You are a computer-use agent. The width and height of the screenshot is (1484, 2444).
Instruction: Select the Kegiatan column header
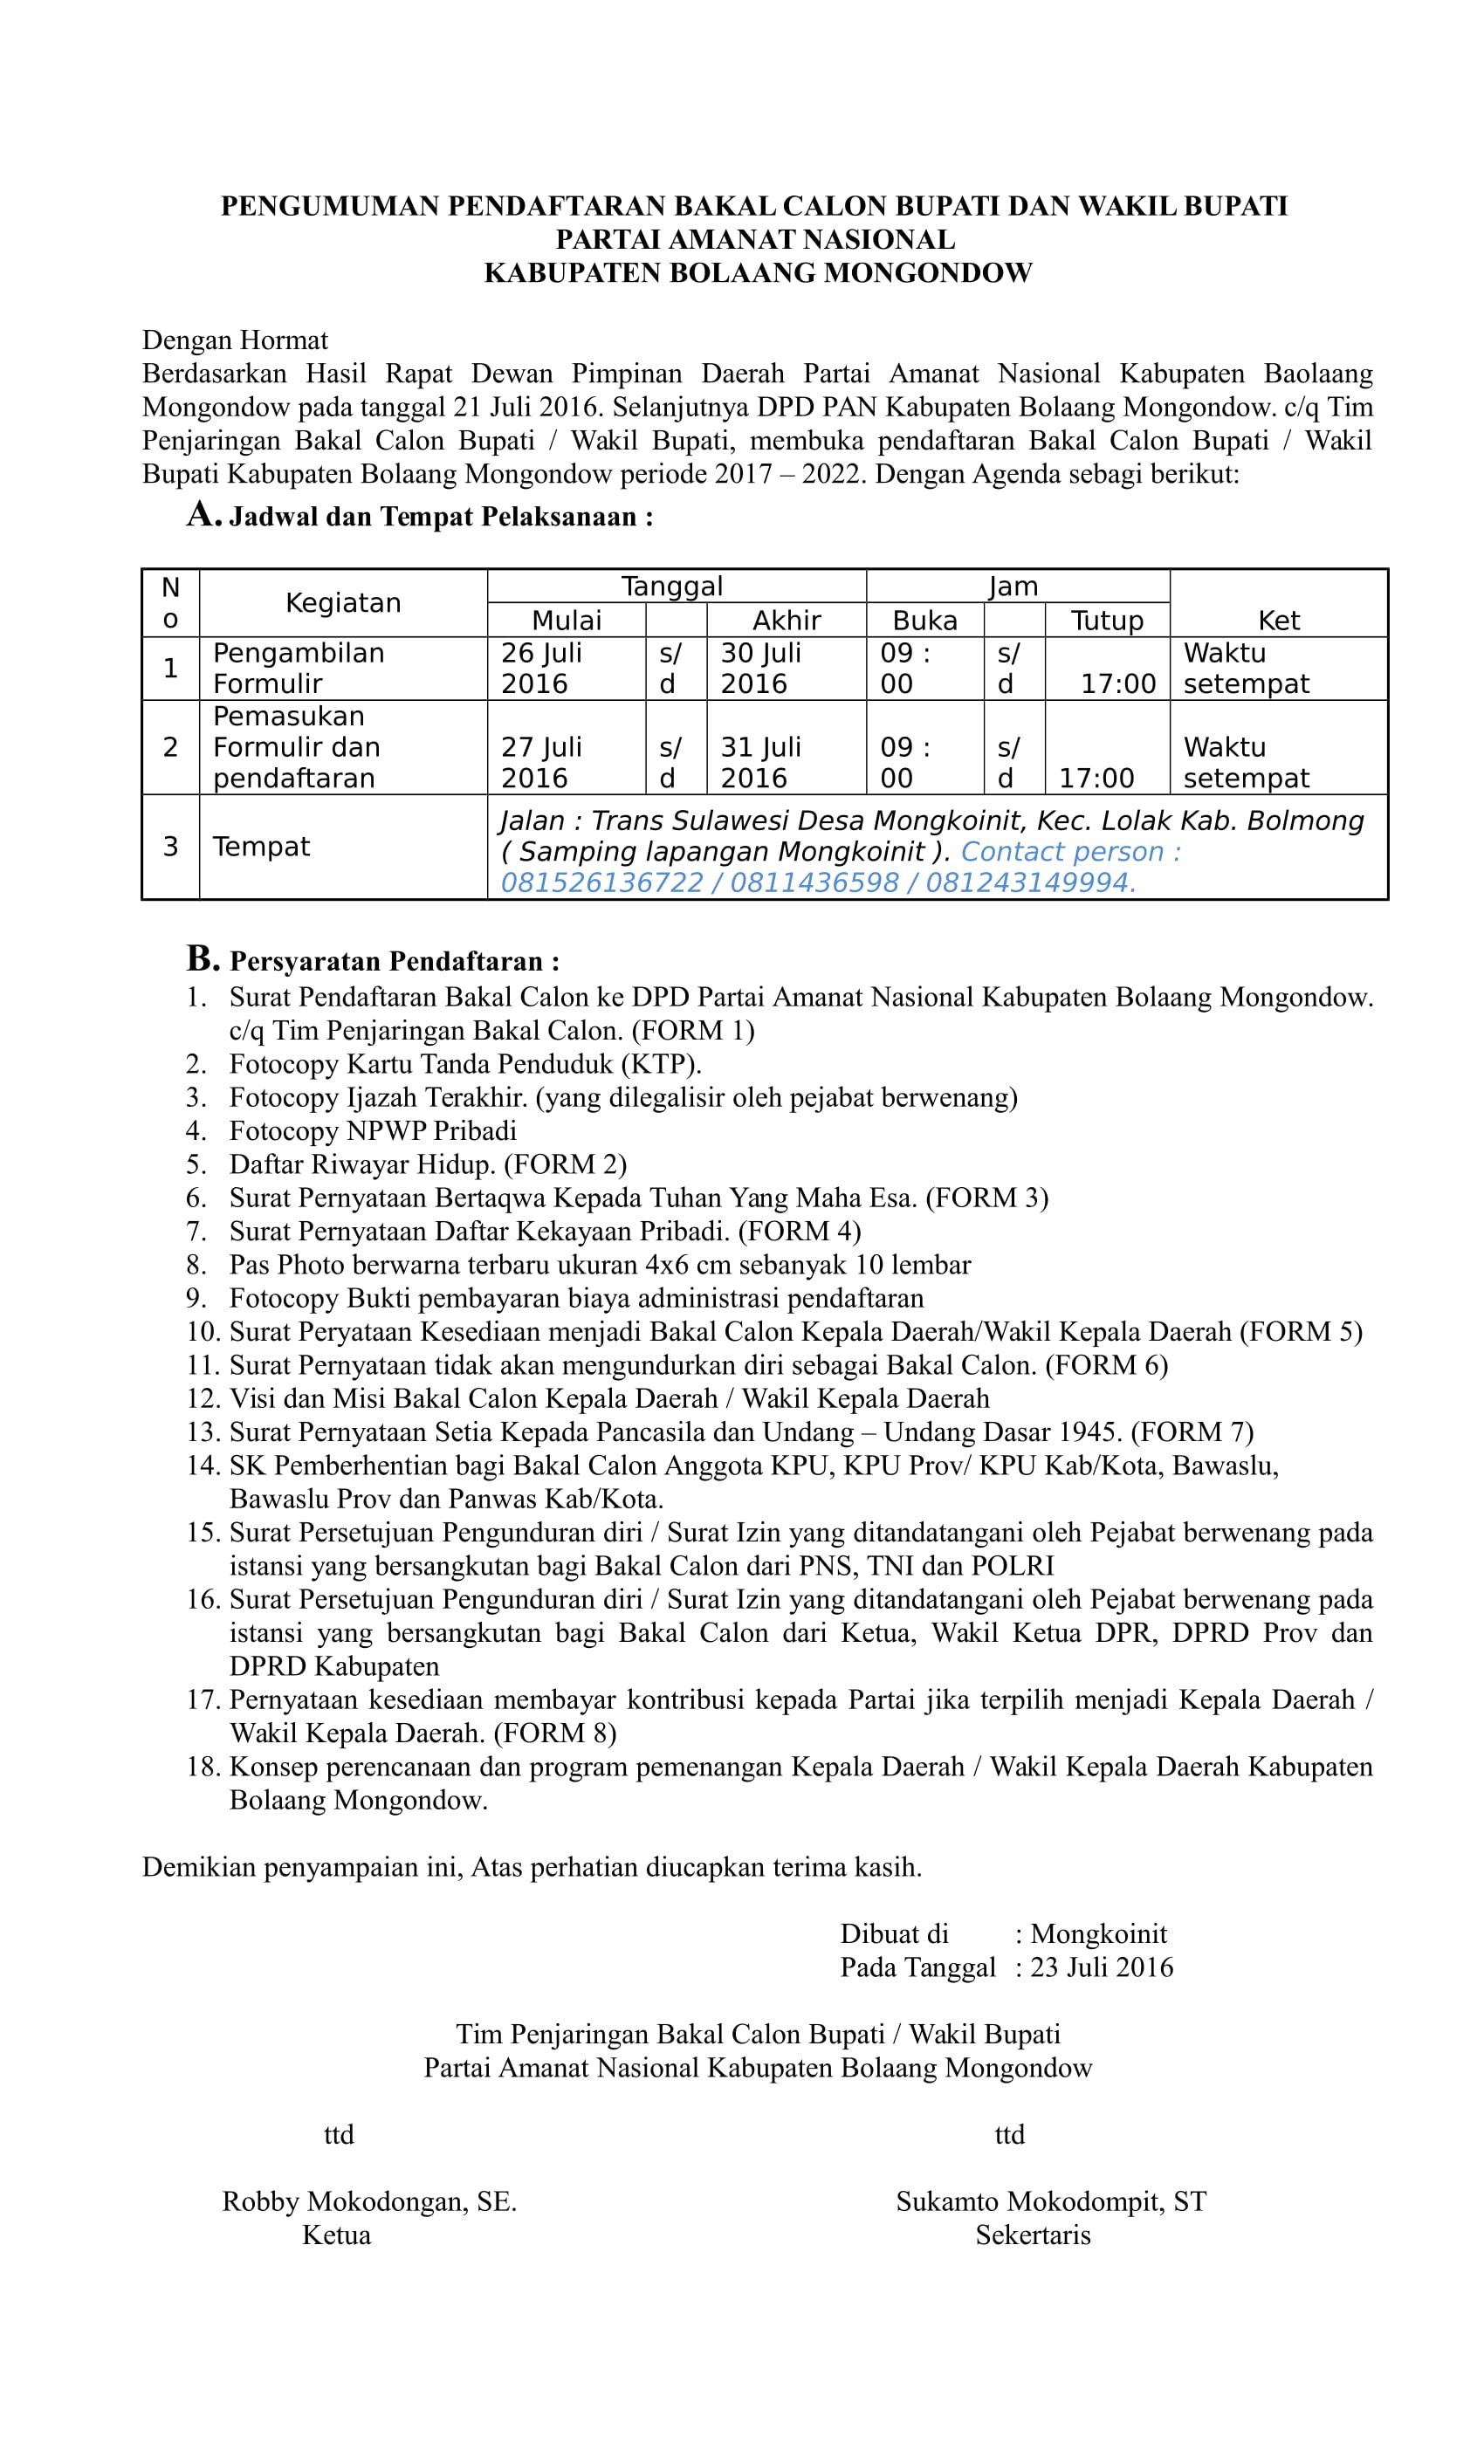[x=342, y=602]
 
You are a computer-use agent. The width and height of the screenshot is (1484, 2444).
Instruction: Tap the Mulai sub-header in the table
[x=566, y=620]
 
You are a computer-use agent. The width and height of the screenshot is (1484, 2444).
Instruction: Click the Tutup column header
[x=1106, y=620]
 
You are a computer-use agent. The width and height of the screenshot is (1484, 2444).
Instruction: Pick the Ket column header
[x=1278, y=620]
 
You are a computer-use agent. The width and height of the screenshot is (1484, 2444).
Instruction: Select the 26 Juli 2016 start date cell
[x=540, y=668]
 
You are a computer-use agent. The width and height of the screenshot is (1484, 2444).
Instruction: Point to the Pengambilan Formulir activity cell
[x=298, y=668]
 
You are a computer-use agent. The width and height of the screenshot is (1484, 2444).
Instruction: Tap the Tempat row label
[x=261, y=846]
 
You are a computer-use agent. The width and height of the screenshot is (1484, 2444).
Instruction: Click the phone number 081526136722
[x=601, y=882]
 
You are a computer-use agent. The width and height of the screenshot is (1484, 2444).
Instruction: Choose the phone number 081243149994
[x=1030, y=882]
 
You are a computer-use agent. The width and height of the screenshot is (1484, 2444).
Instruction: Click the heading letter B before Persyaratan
[x=202, y=958]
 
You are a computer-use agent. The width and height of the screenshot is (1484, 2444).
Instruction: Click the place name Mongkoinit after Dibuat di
[x=1098, y=1934]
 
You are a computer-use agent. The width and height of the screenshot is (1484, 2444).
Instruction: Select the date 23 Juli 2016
[x=1101, y=1968]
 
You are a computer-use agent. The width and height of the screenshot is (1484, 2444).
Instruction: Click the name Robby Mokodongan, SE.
[x=369, y=2202]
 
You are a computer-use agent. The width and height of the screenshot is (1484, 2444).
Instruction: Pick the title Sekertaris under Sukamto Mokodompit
[x=1032, y=2235]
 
